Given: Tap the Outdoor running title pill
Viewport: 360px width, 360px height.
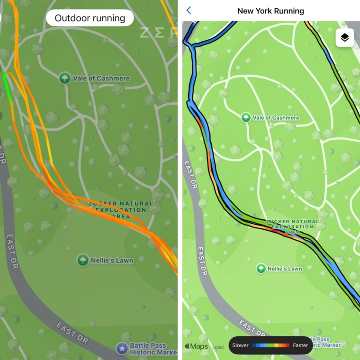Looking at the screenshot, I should click(90, 18).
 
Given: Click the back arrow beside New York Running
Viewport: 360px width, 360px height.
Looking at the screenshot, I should click(189, 10).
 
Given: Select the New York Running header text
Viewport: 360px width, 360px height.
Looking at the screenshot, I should click(270, 10).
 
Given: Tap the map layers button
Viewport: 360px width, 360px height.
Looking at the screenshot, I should click(344, 38).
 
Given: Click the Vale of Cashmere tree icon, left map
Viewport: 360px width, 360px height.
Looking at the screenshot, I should click(65, 78).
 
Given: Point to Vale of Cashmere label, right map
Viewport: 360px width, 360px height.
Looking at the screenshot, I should click(276, 117).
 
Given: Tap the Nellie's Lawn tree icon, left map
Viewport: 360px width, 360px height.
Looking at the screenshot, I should click(83, 260).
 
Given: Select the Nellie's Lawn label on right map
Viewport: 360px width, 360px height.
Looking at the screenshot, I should click(285, 269).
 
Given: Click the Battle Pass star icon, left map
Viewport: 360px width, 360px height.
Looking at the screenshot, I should click(122, 349).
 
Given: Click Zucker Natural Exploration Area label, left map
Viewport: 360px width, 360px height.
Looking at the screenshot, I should click(121, 210).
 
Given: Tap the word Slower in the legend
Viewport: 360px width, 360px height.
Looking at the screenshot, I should click(241, 345).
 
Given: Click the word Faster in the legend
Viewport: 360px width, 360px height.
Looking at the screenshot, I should click(300, 345).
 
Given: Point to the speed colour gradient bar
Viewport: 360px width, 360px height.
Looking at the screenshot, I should click(270, 345).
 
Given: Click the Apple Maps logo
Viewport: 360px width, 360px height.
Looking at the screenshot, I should click(196, 346).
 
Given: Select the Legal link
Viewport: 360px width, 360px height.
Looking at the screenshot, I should click(218, 347).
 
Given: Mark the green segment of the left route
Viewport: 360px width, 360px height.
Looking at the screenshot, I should click(8, 85).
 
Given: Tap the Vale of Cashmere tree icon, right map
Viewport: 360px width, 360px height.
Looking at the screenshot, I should click(246, 117).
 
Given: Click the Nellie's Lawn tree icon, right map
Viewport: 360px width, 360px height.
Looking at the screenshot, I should click(261, 269).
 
